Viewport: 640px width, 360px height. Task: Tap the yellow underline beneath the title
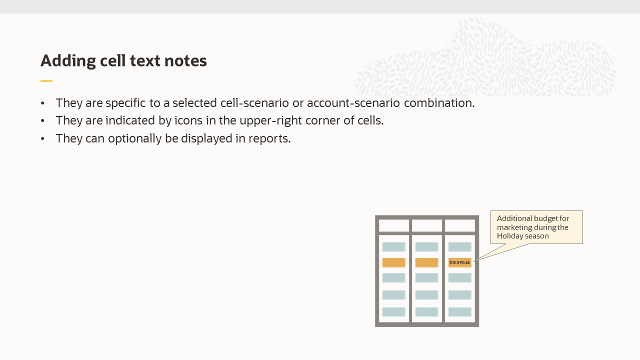46,80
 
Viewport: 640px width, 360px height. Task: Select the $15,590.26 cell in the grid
459,262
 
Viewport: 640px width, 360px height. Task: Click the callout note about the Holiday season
536,227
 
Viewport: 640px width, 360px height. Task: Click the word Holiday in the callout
509,236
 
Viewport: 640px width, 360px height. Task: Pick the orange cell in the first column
393,262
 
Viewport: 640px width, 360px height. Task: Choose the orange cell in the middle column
426,262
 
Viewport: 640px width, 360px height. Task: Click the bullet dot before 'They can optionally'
43,138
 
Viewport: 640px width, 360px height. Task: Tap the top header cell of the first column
393,225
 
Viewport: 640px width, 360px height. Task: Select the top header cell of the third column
459,225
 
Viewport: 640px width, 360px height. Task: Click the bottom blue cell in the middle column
426,312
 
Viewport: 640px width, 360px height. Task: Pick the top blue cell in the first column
393,247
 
